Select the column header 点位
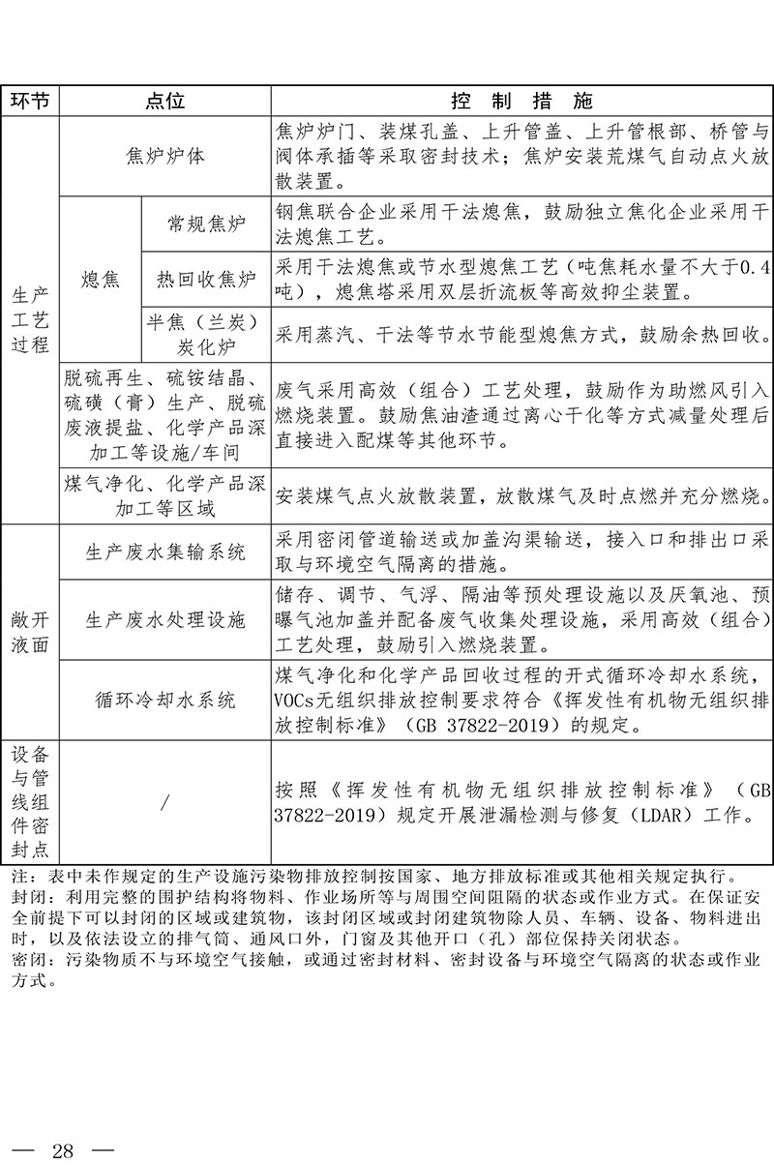pos(164,102)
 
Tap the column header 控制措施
pos(522,102)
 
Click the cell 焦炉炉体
pos(164,156)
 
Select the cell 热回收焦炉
pos(206,280)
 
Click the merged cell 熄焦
pos(100,280)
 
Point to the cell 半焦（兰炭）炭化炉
pos(206,334)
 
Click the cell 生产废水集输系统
pos(164,552)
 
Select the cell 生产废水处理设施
pos(164,619)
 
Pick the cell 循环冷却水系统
pos(164,700)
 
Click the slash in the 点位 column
pos(164,801)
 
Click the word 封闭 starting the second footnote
pos(20,897)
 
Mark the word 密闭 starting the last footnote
pos(20,959)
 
